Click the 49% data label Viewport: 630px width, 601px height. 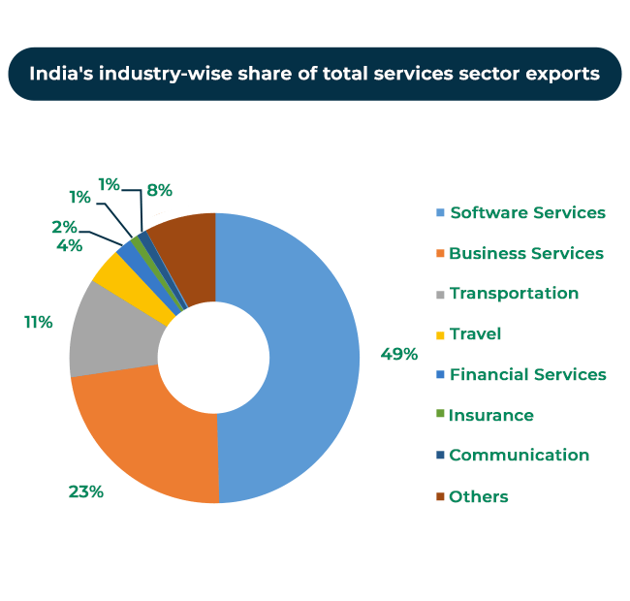tap(398, 354)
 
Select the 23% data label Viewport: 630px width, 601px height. tap(85, 491)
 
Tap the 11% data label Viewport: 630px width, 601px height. tap(39, 322)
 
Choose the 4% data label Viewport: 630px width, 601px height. tap(69, 246)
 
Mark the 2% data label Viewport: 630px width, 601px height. tap(65, 227)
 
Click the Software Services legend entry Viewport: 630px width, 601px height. tap(527, 212)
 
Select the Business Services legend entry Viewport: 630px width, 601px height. tap(526, 253)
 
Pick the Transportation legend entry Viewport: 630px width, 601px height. tap(514, 293)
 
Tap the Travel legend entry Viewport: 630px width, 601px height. tap(475, 333)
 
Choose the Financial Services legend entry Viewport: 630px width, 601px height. tap(527, 374)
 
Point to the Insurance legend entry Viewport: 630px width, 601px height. tap(491, 415)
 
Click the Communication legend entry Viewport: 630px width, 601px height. tap(519, 455)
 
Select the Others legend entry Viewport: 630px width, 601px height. tap(479, 496)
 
